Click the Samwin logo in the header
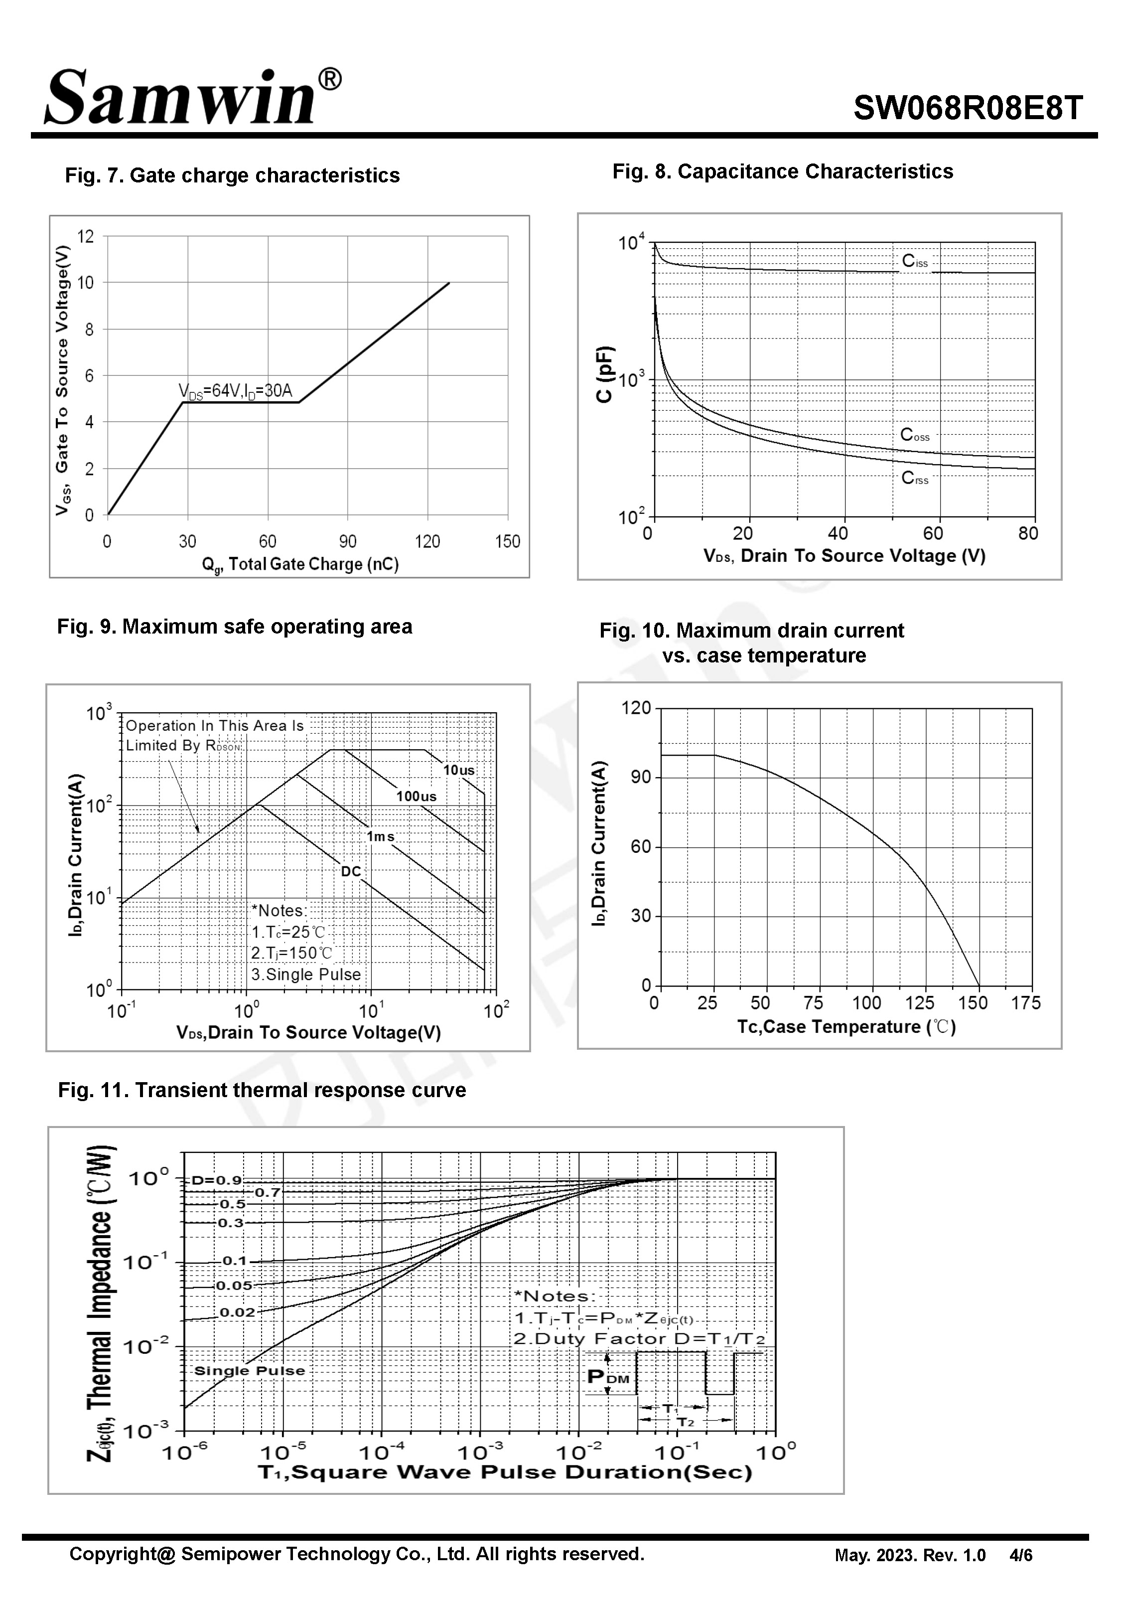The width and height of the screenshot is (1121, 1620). [193, 97]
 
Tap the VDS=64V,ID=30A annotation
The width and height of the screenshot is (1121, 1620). [235, 391]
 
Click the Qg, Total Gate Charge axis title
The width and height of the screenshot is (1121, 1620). [300, 565]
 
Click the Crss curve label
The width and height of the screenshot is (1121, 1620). [915, 479]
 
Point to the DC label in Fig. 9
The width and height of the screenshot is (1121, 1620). [350, 871]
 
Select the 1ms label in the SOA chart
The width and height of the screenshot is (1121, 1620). [380, 836]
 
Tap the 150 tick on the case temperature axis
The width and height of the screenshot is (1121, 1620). [973, 1003]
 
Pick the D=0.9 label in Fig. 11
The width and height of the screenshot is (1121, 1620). [216, 1180]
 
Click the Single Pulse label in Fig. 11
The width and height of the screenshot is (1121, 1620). [249, 1371]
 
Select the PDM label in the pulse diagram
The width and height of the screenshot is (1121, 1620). [607, 1377]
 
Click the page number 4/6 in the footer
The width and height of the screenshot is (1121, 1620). [1020, 1555]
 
